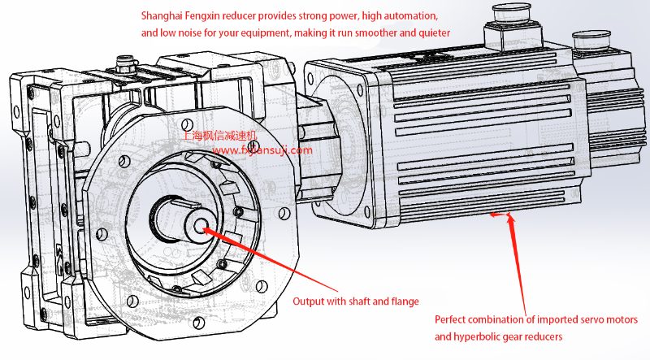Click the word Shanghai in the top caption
pyautogui.click(x=163, y=16)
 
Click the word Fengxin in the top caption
pyautogui.click(x=213, y=16)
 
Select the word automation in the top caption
pyautogui.click(x=409, y=16)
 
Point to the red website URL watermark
pyautogui.click(x=261, y=150)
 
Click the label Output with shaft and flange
pyautogui.click(x=356, y=301)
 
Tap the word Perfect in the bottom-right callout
pyautogui.click(x=452, y=319)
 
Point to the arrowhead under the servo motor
pyautogui.click(x=510, y=216)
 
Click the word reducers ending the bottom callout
pyautogui.click(x=545, y=336)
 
